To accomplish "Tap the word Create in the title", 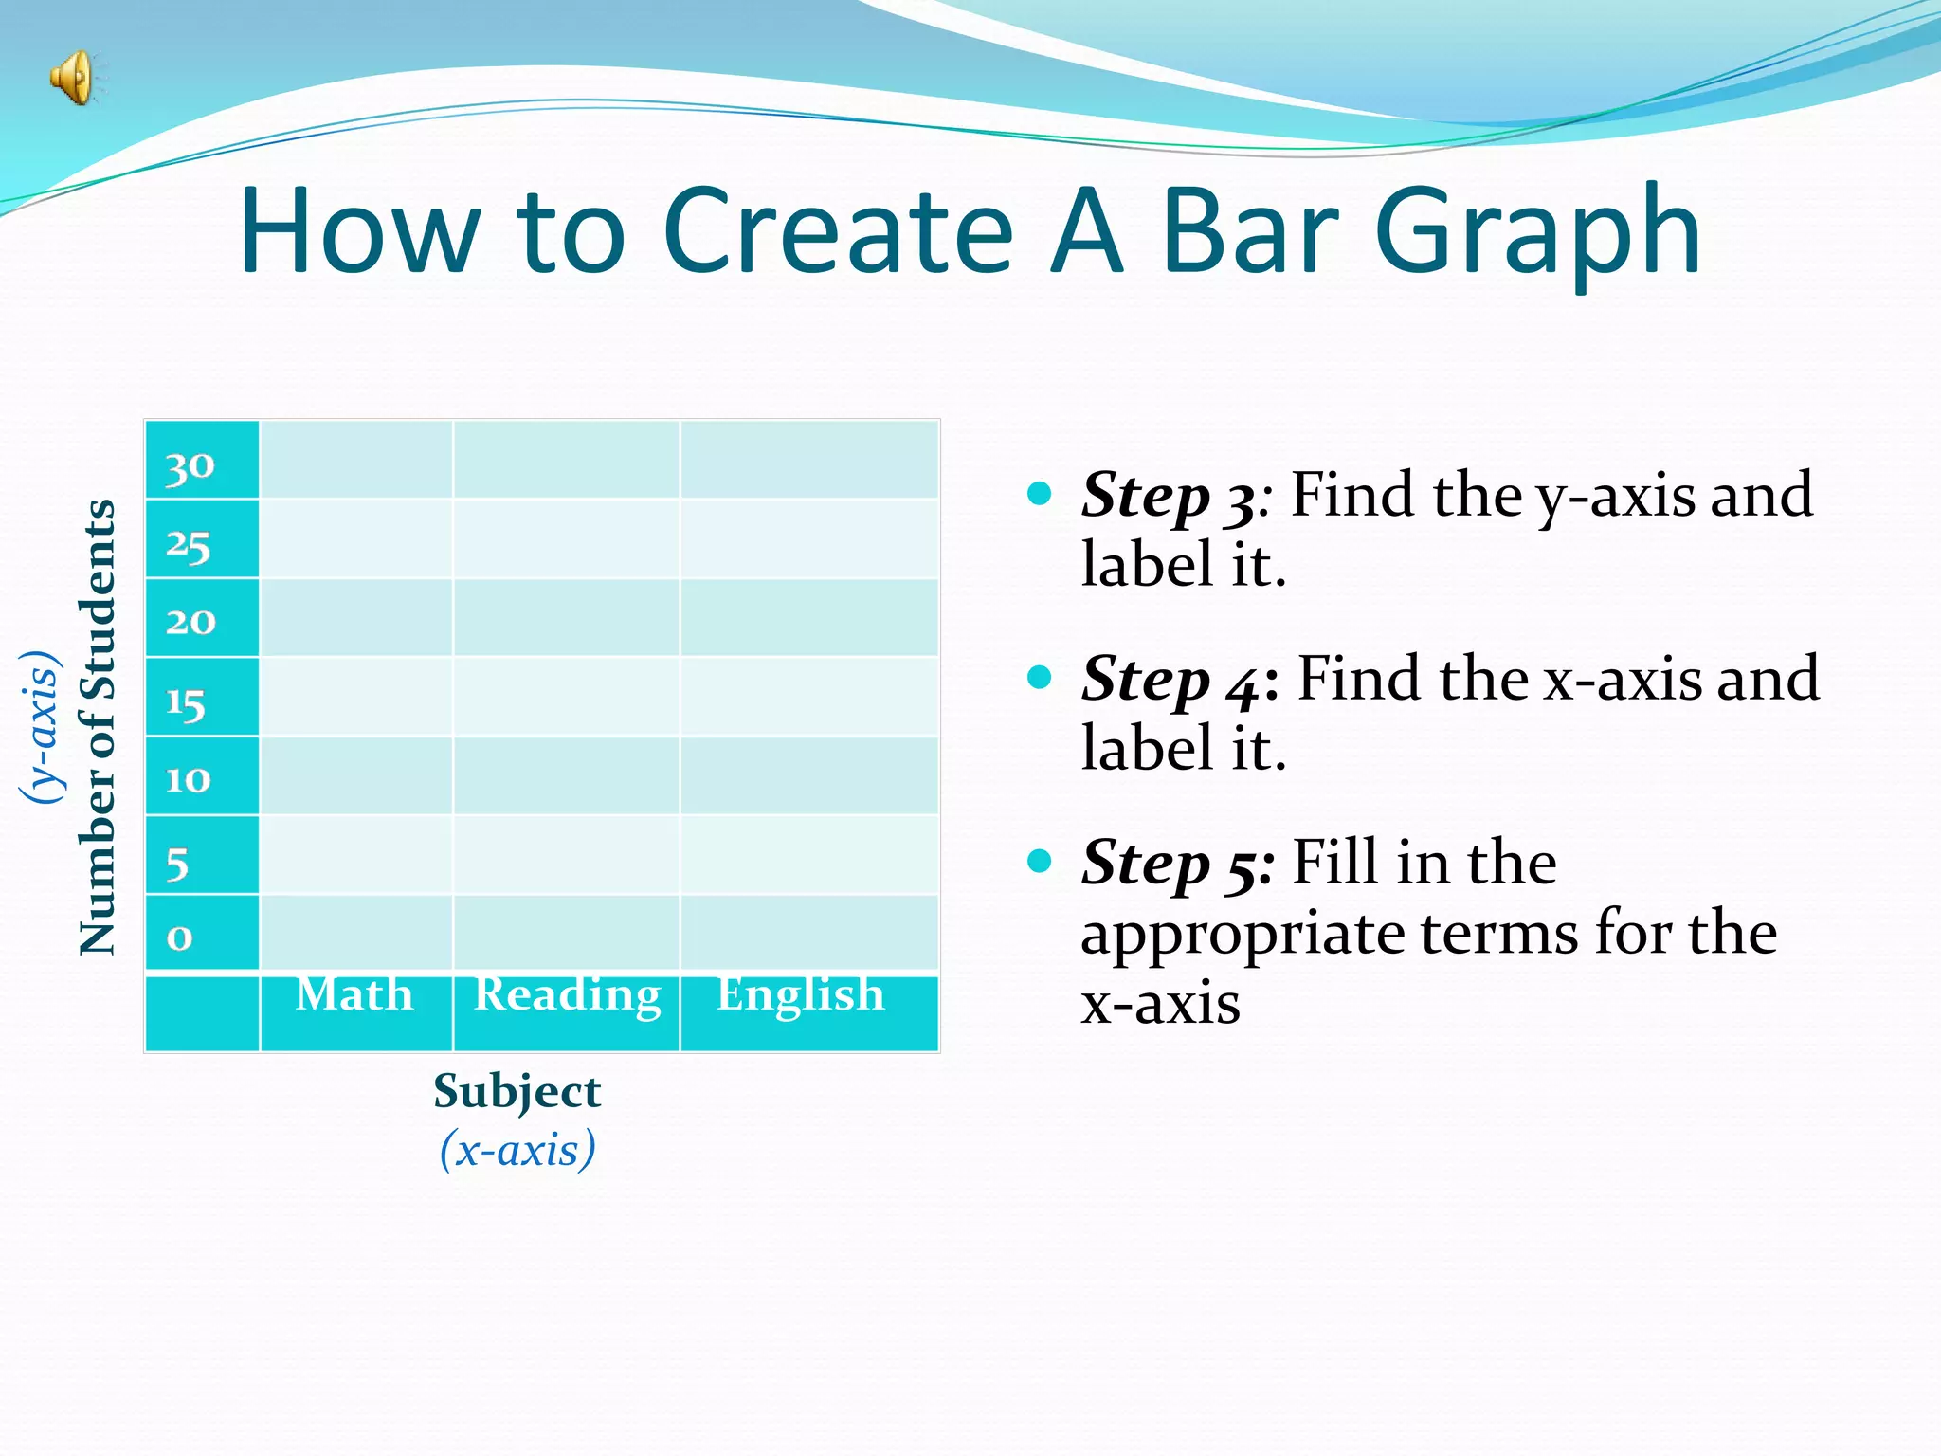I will (x=838, y=232).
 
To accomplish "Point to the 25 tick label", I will (x=188, y=545).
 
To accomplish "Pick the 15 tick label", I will (x=186, y=702).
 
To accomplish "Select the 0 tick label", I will (x=179, y=937).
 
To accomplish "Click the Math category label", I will (x=354, y=994).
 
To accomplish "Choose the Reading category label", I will (x=567, y=995).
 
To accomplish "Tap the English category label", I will (x=801, y=994).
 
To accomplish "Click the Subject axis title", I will (x=517, y=1091).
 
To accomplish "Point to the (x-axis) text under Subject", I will (x=517, y=1150).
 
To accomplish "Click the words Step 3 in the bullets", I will (x=1168, y=496).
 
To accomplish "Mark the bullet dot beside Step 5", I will (x=1040, y=861).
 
